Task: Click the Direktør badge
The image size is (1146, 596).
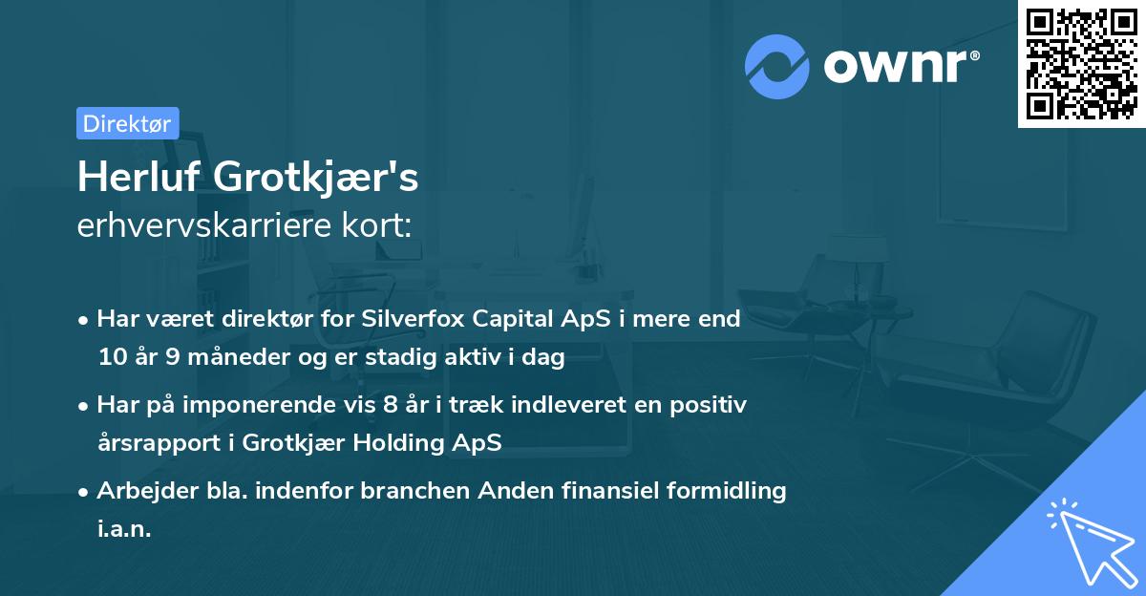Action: (x=127, y=123)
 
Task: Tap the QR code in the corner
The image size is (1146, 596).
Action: (x=1081, y=64)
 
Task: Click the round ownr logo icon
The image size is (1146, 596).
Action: (x=777, y=66)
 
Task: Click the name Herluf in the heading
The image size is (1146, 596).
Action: (x=138, y=177)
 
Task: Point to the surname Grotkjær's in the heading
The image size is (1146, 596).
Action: (x=315, y=179)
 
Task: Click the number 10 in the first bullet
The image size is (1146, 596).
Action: (x=110, y=358)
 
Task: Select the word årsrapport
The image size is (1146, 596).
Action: (x=155, y=443)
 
